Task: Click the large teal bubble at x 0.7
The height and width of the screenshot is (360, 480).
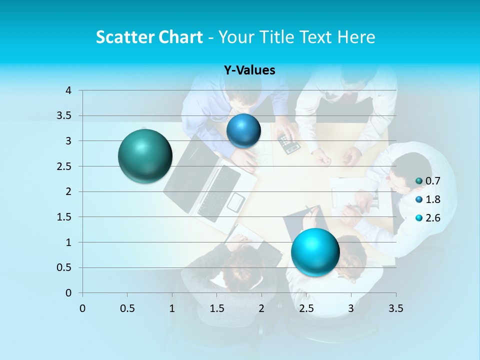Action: point(145,156)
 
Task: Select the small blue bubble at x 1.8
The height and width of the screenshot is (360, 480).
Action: point(243,130)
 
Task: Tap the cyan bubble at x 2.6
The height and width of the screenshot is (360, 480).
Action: point(315,251)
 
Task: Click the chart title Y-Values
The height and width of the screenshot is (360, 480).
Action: point(249,70)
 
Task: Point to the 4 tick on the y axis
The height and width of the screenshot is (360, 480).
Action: point(68,90)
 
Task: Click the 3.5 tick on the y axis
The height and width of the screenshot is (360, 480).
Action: point(64,116)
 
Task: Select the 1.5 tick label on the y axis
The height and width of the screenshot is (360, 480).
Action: point(64,217)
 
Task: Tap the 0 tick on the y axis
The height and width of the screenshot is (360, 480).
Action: point(68,293)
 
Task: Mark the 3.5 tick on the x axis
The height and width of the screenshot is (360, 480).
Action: point(395,308)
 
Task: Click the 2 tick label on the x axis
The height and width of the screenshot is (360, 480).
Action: point(261,308)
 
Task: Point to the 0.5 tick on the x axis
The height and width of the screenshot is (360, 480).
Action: point(127,308)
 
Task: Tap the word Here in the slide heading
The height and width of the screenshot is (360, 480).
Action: point(356,37)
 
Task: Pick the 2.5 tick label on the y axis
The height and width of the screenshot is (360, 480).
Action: point(64,166)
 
